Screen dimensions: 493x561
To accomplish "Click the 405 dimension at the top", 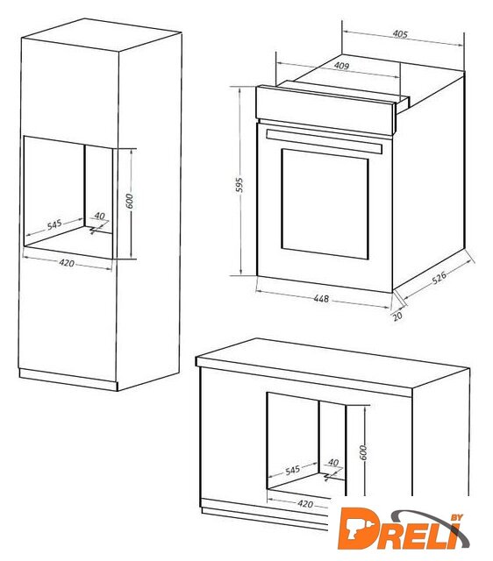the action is tap(400, 34).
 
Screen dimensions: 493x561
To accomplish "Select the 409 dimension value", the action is tap(341, 66).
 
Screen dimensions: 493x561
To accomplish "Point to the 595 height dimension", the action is tap(239, 185).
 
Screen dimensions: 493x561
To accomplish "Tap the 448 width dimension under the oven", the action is tap(321, 298).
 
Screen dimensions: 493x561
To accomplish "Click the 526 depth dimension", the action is tap(439, 277).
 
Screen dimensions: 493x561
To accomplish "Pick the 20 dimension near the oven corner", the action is tap(397, 316).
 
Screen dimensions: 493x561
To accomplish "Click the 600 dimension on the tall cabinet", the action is tap(130, 201).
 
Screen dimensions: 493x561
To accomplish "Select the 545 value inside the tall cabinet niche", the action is tap(54, 225).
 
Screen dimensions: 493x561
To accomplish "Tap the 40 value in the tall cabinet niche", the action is tap(99, 217).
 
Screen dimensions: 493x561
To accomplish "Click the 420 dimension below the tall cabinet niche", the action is tap(67, 263).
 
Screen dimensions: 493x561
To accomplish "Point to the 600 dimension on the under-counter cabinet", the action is tap(363, 452).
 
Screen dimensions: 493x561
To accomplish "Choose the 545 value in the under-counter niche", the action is tap(292, 470).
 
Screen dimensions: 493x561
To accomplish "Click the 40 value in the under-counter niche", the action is tap(333, 463).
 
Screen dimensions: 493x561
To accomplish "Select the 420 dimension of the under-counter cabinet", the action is tap(305, 504).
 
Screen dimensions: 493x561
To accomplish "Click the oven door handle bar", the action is tap(325, 141).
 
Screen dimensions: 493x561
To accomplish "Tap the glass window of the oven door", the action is tap(325, 204).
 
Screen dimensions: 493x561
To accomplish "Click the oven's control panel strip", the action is tap(325, 110).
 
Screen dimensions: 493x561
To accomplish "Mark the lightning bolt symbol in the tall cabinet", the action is tap(94, 230).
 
